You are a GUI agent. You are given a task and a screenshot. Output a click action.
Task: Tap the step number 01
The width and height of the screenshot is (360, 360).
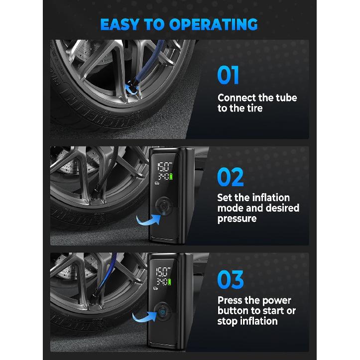point(229,75)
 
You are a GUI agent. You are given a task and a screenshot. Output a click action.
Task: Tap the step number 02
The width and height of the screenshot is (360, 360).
point(231,178)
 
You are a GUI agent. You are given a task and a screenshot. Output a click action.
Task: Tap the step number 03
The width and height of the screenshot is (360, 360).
point(231,280)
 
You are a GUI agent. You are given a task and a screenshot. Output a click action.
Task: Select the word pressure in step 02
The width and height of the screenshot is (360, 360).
point(238,219)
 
